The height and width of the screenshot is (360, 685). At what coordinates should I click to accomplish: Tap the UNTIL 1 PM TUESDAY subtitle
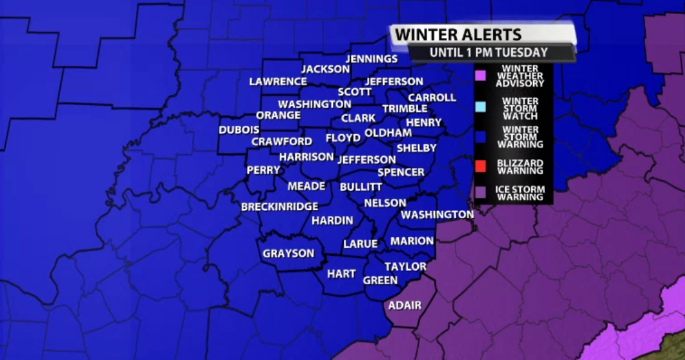(489, 53)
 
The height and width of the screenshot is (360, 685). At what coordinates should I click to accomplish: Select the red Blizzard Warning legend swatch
(480, 167)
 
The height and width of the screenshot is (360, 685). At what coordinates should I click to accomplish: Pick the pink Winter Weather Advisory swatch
(480, 76)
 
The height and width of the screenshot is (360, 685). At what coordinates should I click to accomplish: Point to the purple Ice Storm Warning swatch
(480, 192)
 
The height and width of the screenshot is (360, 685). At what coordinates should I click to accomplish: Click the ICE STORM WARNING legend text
(520, 193)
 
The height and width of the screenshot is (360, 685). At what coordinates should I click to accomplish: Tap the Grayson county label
(289, 253)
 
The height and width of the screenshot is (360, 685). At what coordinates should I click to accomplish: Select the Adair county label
(405, 305)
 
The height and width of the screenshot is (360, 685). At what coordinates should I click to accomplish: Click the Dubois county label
(239, 130)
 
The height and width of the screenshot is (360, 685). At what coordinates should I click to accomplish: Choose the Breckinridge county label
(280, 207)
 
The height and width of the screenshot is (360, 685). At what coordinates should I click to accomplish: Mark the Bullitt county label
(361, 187)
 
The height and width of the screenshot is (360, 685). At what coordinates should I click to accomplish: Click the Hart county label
(341, 274)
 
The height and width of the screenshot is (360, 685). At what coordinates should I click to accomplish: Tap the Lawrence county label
(278, 81)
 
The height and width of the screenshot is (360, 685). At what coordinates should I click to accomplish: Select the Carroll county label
(432, 98)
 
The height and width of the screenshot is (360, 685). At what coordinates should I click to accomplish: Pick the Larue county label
(360, 244)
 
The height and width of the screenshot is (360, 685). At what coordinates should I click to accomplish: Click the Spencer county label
(401, 172)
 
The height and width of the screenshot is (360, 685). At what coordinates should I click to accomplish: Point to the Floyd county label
(343, 138)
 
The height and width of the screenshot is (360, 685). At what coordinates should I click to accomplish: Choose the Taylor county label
(405, 266)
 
